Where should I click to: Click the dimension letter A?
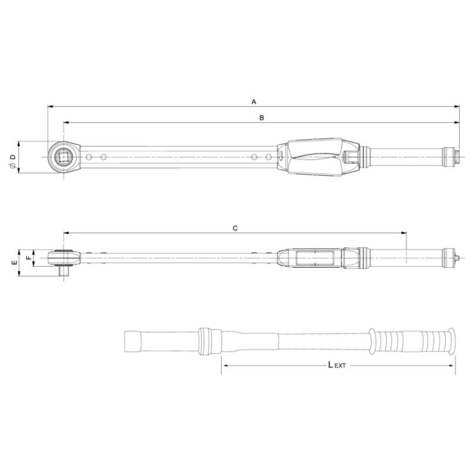254,102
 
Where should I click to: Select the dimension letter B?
261,118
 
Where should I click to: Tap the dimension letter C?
235,228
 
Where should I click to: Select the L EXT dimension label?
337,365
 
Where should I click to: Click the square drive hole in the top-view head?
63,157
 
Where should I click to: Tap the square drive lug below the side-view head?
64,270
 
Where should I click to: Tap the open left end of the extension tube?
125,342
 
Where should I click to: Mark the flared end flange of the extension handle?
452,341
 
